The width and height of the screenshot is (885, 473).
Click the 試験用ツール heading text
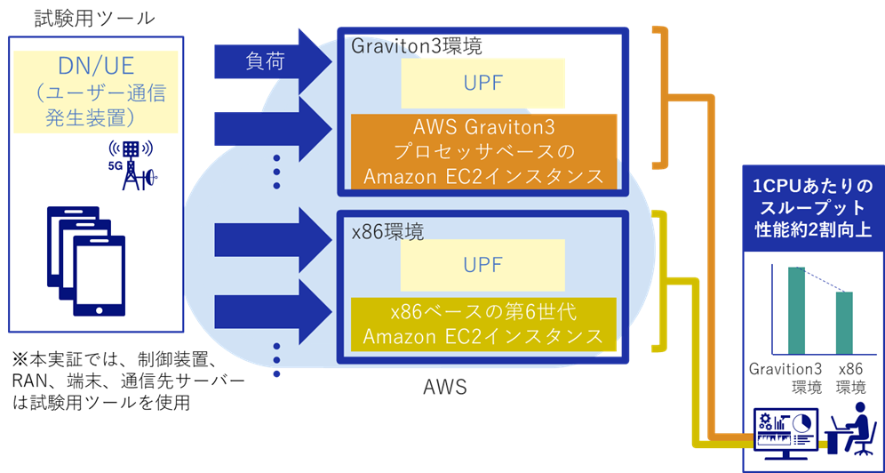pyautogui.click(x=94, y=18)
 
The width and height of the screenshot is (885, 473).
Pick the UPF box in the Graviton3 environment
pyautogui.click(x=482, y=84)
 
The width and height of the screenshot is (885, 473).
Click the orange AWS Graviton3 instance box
pyautogui.click(x=483, y=150)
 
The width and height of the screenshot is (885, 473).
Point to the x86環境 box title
pyautogui.click(x=387, y=230)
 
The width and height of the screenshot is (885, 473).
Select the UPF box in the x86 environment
pyautogui.click(x=482, y=265)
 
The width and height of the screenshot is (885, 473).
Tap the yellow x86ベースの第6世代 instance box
pyautogui.click(x=483, y=325)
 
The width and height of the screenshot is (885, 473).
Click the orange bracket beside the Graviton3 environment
pyautogui.click(x=662, y=97)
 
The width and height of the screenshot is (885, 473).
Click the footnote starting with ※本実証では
pyautogui.click(x=125, y=381)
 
